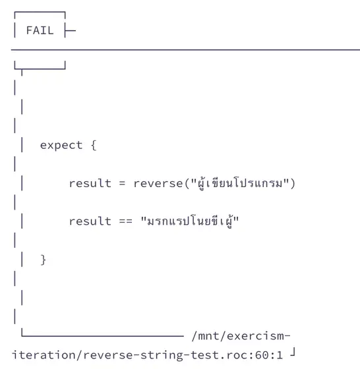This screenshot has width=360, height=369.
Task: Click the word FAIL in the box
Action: point(40,30)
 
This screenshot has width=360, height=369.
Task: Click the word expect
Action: point(61,145)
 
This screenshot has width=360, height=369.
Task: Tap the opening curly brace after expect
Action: point(94,145)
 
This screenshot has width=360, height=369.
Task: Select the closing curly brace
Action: point(44,260)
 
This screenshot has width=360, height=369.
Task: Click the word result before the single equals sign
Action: point(90,183)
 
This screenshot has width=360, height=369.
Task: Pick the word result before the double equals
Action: point(90,221)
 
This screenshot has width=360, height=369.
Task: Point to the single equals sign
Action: point(122,183)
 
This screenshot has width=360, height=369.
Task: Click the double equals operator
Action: point(125,221)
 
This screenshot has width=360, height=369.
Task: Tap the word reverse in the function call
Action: point(158,183)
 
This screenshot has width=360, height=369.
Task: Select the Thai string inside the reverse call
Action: point(240,183)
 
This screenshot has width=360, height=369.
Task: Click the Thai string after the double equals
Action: point(190,221)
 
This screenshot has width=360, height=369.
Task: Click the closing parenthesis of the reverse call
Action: point(293,183)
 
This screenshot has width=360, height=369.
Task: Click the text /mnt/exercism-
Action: point(241,336)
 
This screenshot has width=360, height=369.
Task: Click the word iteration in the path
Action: point(44,355)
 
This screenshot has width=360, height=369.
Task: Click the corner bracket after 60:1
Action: point(293,353)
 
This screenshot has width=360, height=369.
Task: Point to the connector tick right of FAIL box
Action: point(70,30)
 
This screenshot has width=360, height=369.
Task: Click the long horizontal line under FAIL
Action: point(185,50)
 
